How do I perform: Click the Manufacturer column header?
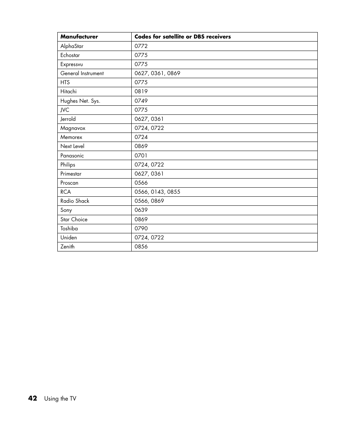79,37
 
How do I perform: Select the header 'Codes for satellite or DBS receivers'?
183,37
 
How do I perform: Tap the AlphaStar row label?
72,46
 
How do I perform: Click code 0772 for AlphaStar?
141,46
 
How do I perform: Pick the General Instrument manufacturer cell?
82,73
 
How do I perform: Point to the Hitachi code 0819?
141,91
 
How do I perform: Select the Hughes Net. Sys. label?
80,101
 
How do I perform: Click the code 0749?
141,101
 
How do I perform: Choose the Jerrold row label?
68,119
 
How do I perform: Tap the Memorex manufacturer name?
71,137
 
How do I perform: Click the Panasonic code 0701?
141,156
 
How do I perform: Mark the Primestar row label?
71,174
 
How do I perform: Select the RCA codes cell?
157,192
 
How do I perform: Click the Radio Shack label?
75,201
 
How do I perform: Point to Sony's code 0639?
141,210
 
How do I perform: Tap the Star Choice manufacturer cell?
74,219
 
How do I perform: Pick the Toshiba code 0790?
141,228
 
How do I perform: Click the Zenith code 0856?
141,247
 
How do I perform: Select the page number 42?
33,398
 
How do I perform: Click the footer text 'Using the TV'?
60,399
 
